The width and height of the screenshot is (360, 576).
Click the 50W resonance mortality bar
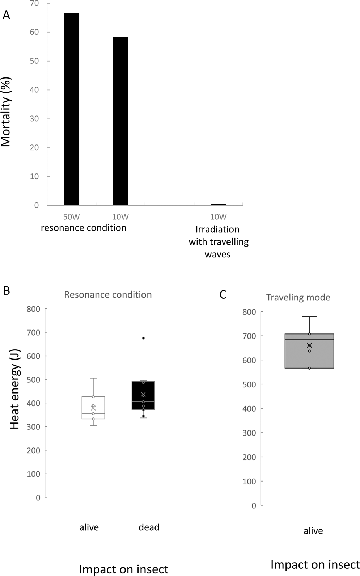click(x=71, y=109)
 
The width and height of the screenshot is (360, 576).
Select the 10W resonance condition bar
click(x=120, y=121)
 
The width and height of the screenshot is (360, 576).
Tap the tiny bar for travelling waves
click(x=218, y=205)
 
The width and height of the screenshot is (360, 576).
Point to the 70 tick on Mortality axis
click(x=34, y=4)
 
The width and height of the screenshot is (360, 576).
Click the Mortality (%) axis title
click(x=6, y=112)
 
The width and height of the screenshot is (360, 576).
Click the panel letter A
click(x=6, y=15)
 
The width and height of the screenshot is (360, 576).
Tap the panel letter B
click(x=6, y=290)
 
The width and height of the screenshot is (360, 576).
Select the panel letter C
click(x=223, y=295)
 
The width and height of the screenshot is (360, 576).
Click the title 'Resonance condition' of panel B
click(x=108, y=295)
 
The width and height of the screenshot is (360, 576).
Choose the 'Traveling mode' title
click(x=298, y=298)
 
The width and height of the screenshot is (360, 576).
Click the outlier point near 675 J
click(x=143, y=338)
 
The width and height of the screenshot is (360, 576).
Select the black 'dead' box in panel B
click(x=143, y=395)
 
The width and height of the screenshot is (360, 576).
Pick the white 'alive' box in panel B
click(x=93, y=408)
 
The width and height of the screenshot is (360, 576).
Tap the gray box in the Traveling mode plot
click(x=309, y=350)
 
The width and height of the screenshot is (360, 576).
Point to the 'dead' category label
click(x=149, y=527)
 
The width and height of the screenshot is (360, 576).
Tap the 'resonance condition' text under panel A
click(x=84, y=228)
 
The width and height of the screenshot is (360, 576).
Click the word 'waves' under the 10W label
click(x=217, y=255)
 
